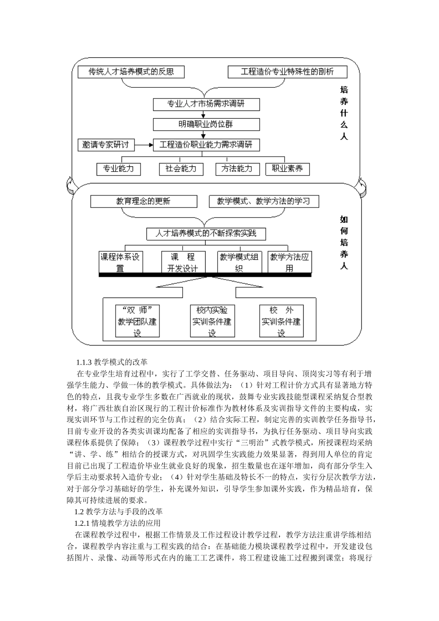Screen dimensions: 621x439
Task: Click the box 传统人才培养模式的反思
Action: point(131,72)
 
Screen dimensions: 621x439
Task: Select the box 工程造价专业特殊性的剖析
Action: point(287,72)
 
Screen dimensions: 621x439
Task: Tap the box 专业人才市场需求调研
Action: point(206,104)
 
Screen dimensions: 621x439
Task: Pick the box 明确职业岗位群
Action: point(206,124)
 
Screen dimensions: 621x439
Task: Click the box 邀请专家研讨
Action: point(106,145)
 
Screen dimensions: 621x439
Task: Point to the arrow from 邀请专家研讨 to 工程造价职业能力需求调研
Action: point(144,145)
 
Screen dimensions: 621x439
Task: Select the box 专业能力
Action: point(118,169)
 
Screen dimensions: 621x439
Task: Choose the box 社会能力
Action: point(181,169)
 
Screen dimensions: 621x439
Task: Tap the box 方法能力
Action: point(237,169)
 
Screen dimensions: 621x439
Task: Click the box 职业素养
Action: point(287,169)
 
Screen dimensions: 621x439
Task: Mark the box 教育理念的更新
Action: point(143,201)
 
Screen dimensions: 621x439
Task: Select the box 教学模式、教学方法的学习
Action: point(264,201)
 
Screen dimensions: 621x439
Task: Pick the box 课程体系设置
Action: point(120,262)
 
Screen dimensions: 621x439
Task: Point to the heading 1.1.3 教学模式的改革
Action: point(111,362)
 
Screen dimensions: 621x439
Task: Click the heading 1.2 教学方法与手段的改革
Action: point(118,512)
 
